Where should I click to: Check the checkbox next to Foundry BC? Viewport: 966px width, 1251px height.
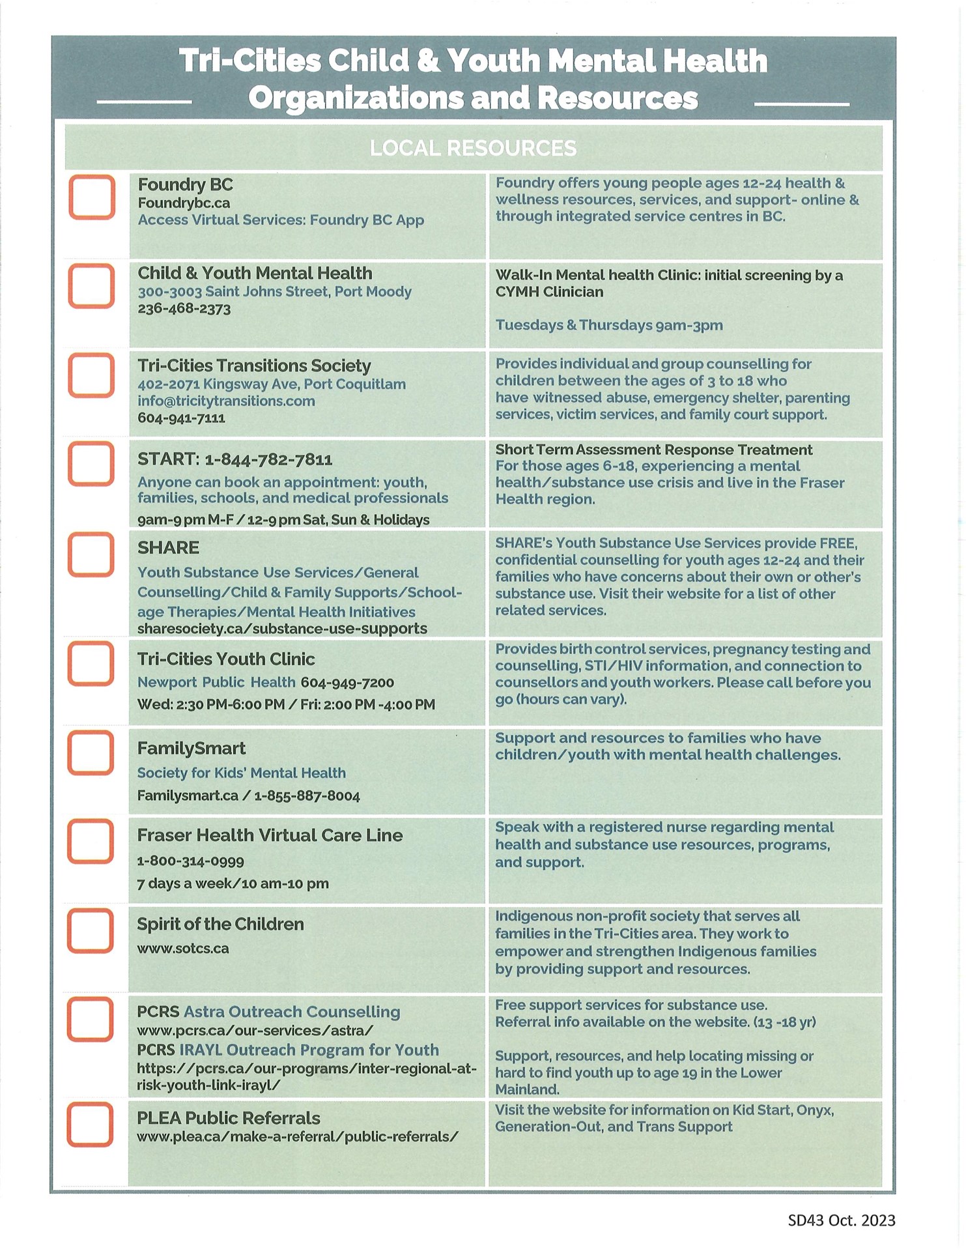click(92, 197)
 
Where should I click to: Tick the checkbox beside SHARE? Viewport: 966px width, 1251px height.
click(91, 554)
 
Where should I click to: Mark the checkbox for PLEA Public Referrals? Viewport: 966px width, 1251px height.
click(90, 1124)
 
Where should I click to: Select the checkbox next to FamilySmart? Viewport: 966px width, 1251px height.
click(91, 753)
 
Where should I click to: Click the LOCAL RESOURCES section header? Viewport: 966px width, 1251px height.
click(473, 149)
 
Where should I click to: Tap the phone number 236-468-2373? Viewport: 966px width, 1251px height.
click(184, 309)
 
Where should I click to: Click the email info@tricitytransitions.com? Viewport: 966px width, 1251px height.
click(226, 401)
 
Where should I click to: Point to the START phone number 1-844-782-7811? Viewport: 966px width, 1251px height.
click(268, 460)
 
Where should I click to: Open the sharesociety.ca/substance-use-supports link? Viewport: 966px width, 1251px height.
click(282, 629)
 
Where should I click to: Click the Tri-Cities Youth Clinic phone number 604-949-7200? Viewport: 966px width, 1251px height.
click(347, 683)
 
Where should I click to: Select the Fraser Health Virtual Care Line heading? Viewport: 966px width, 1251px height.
click(270, 835)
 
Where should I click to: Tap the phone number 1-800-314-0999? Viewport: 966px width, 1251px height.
click(190, 861)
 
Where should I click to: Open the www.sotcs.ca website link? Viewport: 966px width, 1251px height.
click(183, 949)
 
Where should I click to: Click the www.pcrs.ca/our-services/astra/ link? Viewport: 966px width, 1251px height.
click(255, 1031)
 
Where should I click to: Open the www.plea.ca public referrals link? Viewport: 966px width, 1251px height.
click(298, 1137)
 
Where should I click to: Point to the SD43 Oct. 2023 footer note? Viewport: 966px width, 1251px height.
click(841, 1220)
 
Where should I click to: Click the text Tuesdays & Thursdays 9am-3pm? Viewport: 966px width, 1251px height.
click(609, 325)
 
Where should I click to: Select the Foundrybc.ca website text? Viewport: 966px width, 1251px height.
click(184, 203)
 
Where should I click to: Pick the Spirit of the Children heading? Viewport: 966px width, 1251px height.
click(220, 925)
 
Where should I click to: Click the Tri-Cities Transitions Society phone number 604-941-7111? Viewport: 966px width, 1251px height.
click(181, 418)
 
